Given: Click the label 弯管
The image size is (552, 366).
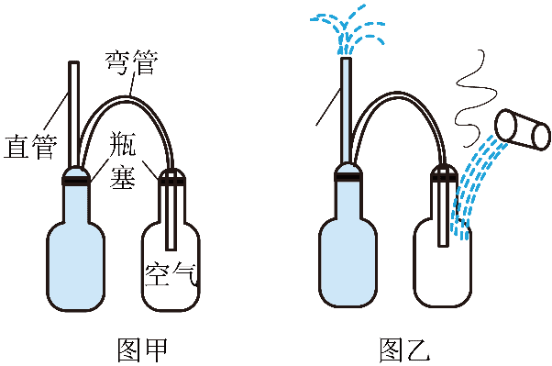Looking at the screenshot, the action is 132,62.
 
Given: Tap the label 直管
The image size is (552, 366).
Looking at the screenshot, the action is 30,146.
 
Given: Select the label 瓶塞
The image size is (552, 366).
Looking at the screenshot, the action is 123,160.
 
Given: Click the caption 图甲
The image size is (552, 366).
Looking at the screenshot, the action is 142,349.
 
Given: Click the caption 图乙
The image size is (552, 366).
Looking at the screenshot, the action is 405,349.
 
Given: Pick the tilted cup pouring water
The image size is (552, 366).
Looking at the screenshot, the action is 523,130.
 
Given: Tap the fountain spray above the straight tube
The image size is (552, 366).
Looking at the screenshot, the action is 348,30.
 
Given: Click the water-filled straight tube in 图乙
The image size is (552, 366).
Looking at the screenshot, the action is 346,111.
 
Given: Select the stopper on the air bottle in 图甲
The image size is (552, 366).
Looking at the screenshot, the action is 171,177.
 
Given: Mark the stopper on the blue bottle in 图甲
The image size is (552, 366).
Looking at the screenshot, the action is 76,176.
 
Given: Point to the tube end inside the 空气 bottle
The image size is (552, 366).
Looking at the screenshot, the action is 171,248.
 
